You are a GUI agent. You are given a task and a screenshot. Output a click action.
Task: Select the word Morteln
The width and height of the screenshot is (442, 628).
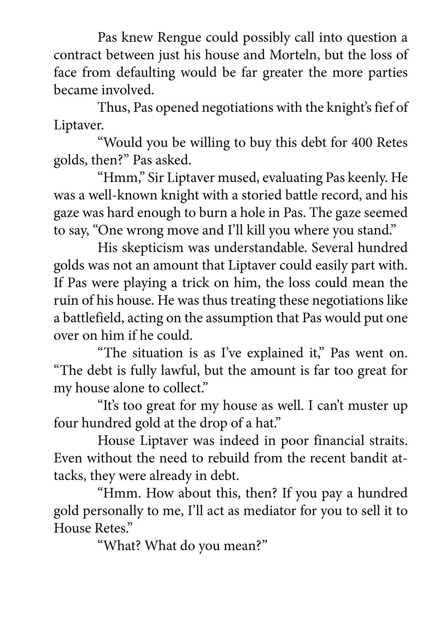point(295,55)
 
